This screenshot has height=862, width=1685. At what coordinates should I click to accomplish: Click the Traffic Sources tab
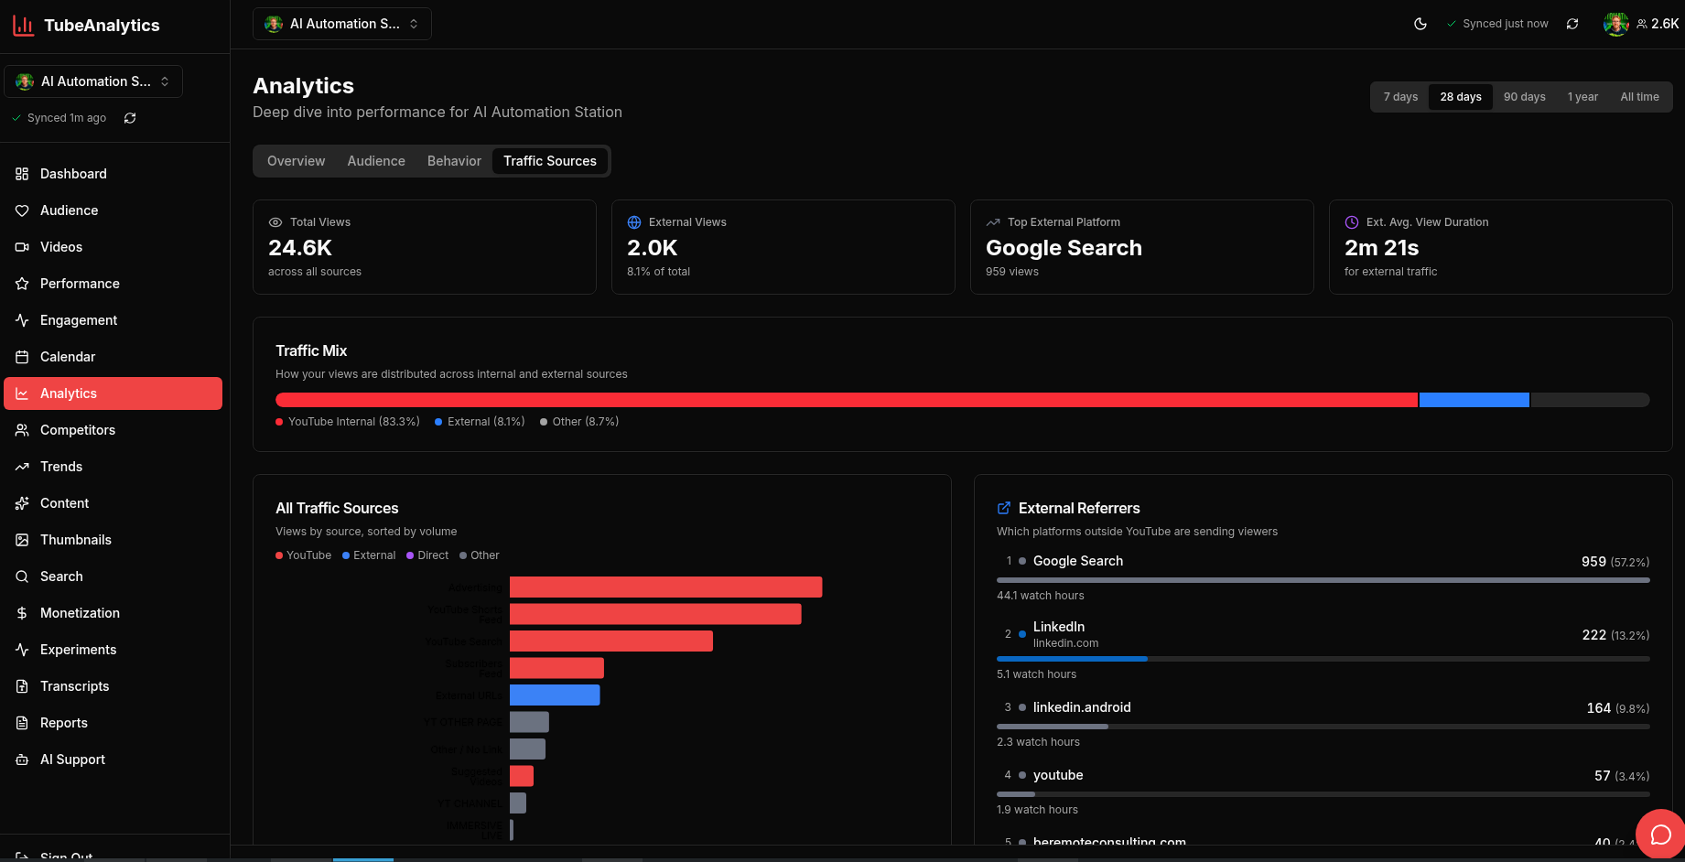549,161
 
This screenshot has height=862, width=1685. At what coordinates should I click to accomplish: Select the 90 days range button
1524,97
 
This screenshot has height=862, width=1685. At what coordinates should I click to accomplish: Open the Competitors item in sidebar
78,430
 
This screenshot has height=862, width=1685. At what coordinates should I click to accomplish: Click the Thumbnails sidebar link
75,540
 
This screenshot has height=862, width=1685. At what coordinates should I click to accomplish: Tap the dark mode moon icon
1420,24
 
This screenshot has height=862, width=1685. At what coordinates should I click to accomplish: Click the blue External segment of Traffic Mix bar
1474,400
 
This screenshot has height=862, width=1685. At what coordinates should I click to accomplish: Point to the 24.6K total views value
300,248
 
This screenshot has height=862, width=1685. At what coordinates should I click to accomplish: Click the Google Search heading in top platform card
1064,248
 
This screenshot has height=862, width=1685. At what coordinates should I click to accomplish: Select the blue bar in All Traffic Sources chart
555,695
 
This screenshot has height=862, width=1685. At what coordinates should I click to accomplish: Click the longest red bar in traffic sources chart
665,587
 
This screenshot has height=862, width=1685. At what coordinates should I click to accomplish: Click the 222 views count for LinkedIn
1593,635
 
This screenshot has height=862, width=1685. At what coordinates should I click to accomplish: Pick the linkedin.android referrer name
1082,707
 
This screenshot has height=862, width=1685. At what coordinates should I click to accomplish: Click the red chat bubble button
1660,834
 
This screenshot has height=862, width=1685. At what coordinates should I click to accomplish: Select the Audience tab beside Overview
376,161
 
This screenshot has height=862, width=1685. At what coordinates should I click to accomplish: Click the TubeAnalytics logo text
102,26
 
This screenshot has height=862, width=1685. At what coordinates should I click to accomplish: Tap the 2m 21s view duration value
1381,248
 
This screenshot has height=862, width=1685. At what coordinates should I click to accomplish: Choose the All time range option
1639,97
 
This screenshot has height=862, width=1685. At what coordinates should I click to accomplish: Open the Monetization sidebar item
80,613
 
